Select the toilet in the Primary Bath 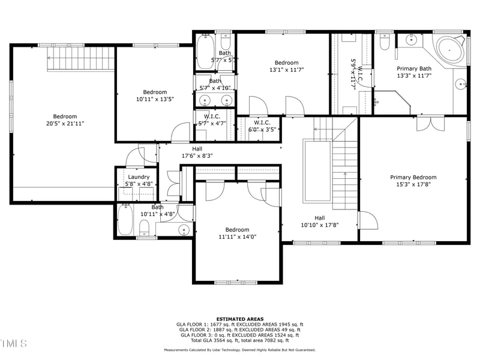coord(385,41)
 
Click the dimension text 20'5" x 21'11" coord(65,124)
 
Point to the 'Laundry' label coord(139,177)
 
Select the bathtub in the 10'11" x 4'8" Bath coord(125,220)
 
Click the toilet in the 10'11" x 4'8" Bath coord(144,228)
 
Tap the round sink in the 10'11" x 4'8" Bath coord(184,229)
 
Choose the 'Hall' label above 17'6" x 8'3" coord(197,149)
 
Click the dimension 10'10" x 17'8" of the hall coord(320,226)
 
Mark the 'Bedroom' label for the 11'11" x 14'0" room coord(237,230)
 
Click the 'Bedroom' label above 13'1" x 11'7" coord(286,63)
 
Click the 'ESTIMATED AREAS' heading coord(239,319)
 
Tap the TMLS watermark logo coord(14,343)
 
